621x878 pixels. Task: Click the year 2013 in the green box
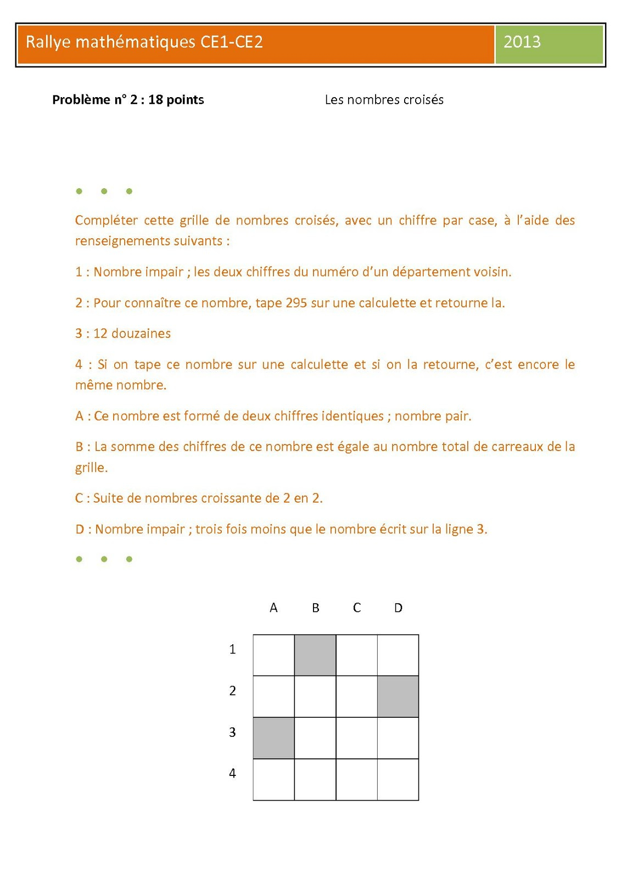[x=522, y=42]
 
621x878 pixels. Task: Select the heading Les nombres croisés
[x=384, y=100]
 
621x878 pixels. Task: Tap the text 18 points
[x=176, y=100]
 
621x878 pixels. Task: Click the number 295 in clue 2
[x=296, y=303]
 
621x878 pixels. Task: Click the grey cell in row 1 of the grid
[x=315, y=655]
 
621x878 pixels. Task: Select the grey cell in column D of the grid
[x=398, y=696]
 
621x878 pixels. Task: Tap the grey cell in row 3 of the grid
[x=273, y=738]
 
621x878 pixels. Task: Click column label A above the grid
[x=273, y=608]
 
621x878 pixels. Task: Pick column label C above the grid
[x=357, y=608]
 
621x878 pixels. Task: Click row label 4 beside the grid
[x=232, y=774]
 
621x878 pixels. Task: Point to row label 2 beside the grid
[x=232, y=691]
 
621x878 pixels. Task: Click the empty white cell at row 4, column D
[x=398, y=780]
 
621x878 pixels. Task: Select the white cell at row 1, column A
[x=273, y=655]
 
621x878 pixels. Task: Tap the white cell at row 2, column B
[x=315, y=696]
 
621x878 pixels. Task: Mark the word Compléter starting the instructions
[x=106, y=221]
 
